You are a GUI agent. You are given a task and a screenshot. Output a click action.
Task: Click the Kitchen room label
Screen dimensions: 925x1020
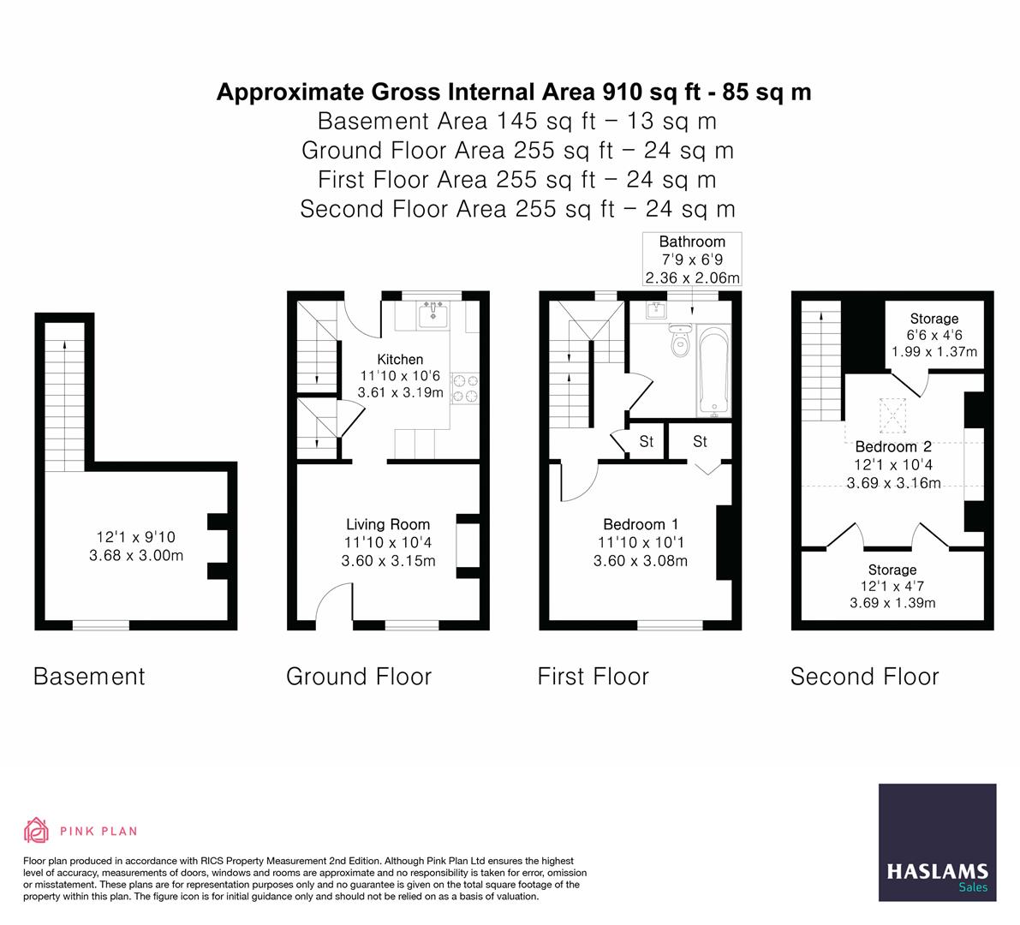(400, 360)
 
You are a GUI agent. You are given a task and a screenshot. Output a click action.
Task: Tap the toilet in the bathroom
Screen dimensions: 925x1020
(682, 343)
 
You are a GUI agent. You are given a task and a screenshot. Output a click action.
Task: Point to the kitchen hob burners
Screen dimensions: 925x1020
(465, 386)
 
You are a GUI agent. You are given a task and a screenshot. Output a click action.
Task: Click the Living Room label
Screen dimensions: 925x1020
(388, 524)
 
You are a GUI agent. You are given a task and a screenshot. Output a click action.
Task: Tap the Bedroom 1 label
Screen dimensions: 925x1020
(640, 524)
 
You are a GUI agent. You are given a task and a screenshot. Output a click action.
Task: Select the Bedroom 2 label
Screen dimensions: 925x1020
(893, 446)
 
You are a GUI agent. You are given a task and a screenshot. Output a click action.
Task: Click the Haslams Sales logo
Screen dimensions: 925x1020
(938, 843)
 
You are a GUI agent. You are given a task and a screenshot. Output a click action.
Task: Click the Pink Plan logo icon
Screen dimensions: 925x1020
(37, 830)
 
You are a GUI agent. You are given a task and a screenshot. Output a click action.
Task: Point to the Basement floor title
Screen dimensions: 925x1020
(89, 677)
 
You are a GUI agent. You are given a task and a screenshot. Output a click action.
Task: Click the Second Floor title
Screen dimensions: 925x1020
(864, 677)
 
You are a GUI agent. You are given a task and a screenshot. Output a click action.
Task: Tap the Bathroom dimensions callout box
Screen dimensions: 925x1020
(692, 259)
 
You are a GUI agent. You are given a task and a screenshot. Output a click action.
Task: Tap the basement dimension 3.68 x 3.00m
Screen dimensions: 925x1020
(136, 555)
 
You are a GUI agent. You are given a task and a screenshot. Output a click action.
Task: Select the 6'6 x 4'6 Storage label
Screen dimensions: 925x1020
(934, 335)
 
